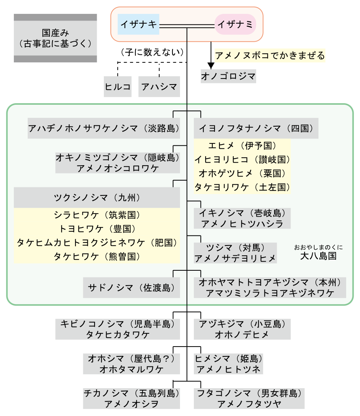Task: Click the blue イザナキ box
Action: click(138, 24)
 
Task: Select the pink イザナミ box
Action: click(235, 24)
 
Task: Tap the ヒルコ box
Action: click(118, 87)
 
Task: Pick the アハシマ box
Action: click(159, 87)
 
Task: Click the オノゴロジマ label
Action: click(228, 76)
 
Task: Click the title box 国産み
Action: click(55, 38)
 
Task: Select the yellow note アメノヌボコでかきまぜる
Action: click(269, 56)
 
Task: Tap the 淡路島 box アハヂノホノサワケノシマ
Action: click(103, 128)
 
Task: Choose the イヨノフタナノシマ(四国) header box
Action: click(256, 128)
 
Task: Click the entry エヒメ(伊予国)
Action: click(242, 145)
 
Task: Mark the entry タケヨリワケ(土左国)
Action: click(242, 187)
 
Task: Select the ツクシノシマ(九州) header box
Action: click(97, 197)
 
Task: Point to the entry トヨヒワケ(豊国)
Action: click(97, 229)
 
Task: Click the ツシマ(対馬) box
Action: click(235, 253)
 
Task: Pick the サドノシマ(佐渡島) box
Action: click(131, 288)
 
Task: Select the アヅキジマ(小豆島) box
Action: click(242, 329)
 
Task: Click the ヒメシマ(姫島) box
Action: click(228, 363)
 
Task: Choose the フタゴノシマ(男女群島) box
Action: click(249, 398)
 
